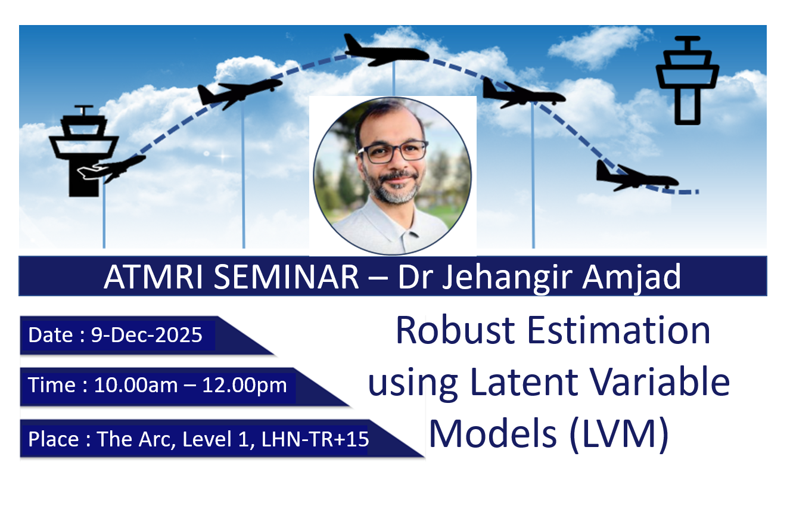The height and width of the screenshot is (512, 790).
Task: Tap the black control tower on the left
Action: click(84, 152)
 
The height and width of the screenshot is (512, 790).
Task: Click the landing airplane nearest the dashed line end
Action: click(636, 178)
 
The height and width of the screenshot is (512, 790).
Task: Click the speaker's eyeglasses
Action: click(392, 152)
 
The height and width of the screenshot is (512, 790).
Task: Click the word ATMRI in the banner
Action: click(154, 277)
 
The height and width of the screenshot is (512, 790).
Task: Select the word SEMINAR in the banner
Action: click(287, 277)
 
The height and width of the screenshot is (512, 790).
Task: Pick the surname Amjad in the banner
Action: click(632, 278)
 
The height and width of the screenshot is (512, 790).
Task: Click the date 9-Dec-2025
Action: click(147, 335)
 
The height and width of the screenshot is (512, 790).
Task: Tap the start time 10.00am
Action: click(136, 384)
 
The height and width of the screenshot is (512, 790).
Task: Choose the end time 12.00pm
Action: click(244, 385)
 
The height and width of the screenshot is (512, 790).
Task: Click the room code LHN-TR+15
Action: click(315, 439)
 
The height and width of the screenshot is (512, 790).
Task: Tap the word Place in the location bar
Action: click(54, 439)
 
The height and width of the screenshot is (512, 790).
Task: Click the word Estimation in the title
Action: click(618, 331)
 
